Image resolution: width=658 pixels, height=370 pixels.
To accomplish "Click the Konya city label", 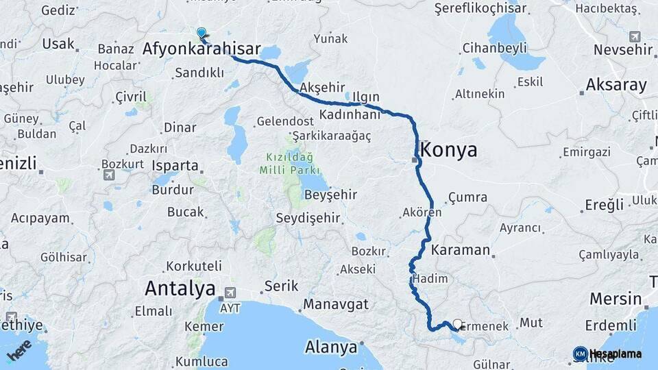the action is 449,151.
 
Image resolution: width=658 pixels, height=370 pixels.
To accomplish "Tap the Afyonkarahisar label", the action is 202,49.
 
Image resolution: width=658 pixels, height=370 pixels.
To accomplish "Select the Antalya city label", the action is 180,288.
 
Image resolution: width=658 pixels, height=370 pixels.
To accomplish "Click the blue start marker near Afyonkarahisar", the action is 202,32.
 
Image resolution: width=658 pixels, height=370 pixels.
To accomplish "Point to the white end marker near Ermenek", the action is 457,323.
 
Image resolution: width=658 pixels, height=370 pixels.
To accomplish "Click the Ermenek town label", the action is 485,327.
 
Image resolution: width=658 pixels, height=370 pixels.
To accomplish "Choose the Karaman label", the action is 461,249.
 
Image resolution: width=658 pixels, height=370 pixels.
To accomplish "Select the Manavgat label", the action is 336,304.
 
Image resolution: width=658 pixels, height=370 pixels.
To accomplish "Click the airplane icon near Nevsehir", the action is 635,36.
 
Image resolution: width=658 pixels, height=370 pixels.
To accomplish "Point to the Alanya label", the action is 332,347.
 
